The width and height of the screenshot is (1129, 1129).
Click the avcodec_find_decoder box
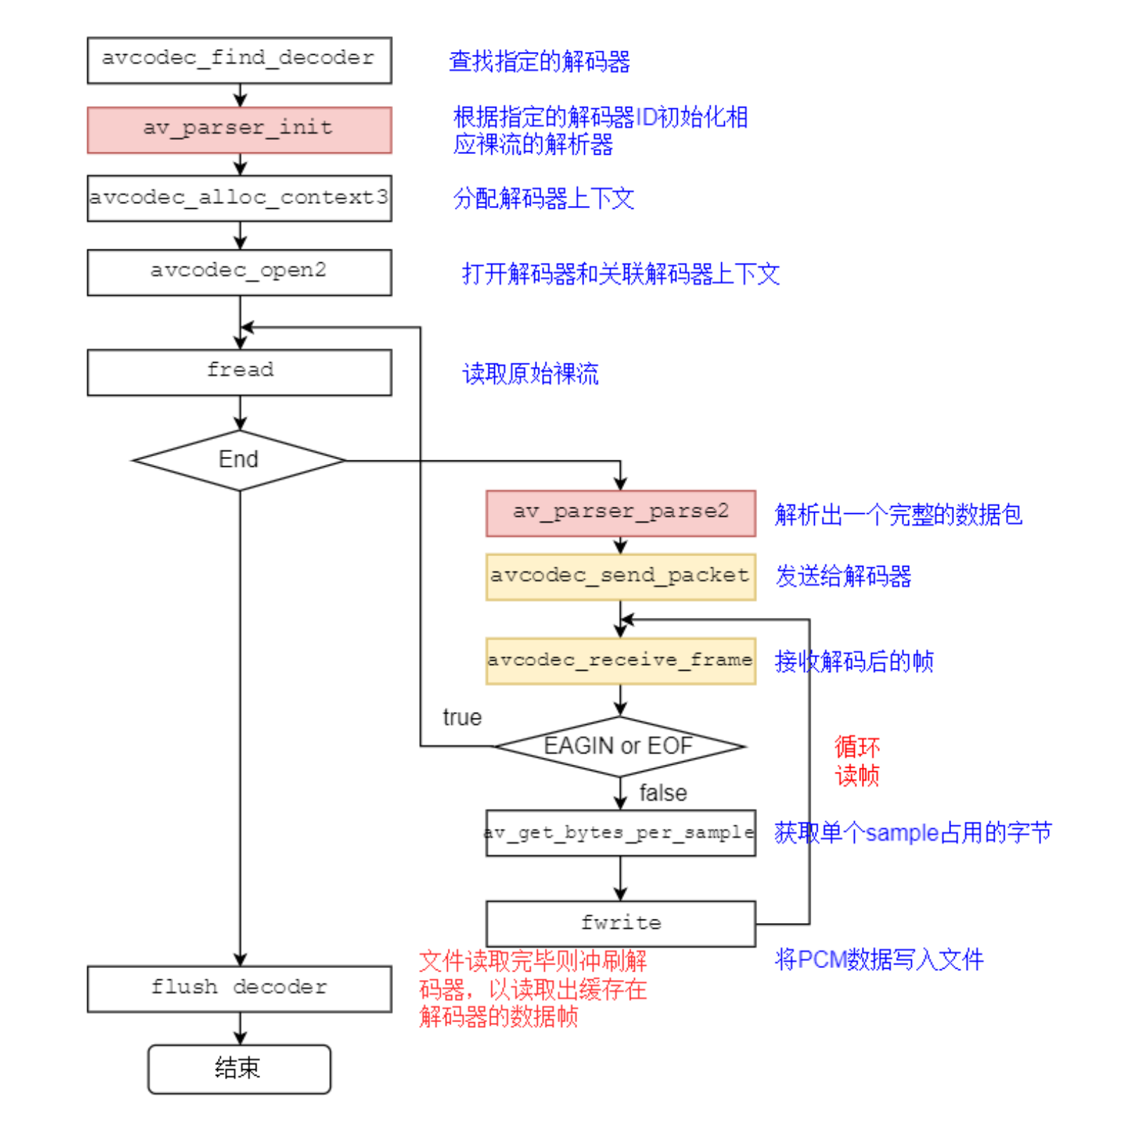(239, 60)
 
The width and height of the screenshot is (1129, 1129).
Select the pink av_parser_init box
(239, 130)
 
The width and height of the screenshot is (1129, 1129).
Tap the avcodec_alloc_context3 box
(239, 198)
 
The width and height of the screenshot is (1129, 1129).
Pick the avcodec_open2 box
(239, 272)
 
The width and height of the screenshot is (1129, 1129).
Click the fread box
(239, 372)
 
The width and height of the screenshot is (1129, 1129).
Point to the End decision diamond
(239, 460)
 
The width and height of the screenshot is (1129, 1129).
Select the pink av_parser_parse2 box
(620, 513)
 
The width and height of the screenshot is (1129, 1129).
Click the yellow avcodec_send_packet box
(620, 576)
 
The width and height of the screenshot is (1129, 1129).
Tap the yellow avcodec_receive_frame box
(620, 661)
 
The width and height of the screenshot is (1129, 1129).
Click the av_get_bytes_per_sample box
(620, 833)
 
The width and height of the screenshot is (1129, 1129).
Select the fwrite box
(620, 923)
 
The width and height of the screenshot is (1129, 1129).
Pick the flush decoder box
(239, 988)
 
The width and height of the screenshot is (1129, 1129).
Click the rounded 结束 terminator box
(239, 1069)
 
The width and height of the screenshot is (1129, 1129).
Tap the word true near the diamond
(462, 718)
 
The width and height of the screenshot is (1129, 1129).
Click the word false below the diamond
(662, 793)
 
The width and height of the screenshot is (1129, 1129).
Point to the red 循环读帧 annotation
(856, 761)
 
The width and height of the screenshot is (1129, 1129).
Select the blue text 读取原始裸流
(530, 374)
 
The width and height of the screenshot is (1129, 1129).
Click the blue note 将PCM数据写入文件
(879, 960)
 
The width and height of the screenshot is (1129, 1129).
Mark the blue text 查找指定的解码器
(539, 62)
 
